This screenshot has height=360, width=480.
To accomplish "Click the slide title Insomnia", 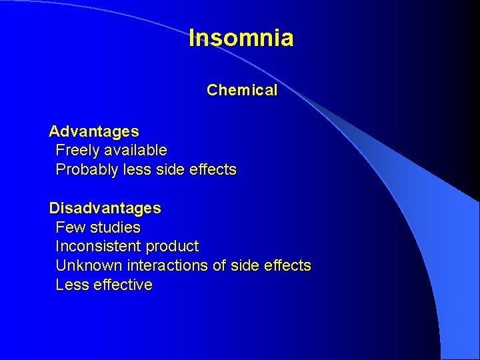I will click(x=241, y=38).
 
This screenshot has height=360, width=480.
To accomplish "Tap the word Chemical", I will click(x=242, y=91).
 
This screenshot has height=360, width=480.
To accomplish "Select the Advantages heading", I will click(x=94, y=131).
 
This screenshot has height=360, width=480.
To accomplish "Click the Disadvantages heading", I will click(x=105, y=208).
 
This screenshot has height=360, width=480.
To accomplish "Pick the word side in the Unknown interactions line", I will click(x=245, y=265).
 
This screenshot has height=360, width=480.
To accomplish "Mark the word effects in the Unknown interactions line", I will click(x=287, y=265).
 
